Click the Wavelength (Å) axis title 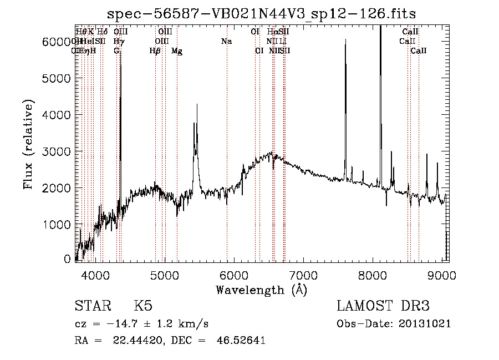(x=261, y=290)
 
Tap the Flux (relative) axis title (x=29, y=144)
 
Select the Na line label (x=226, y=42)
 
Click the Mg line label (x=177, y=51)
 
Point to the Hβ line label (x=155, y=51)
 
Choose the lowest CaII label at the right (x=419, y=51)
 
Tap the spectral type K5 (x=143, y=307)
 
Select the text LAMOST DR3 (x=383, y=307)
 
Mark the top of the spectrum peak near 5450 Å (x=197, y=105)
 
